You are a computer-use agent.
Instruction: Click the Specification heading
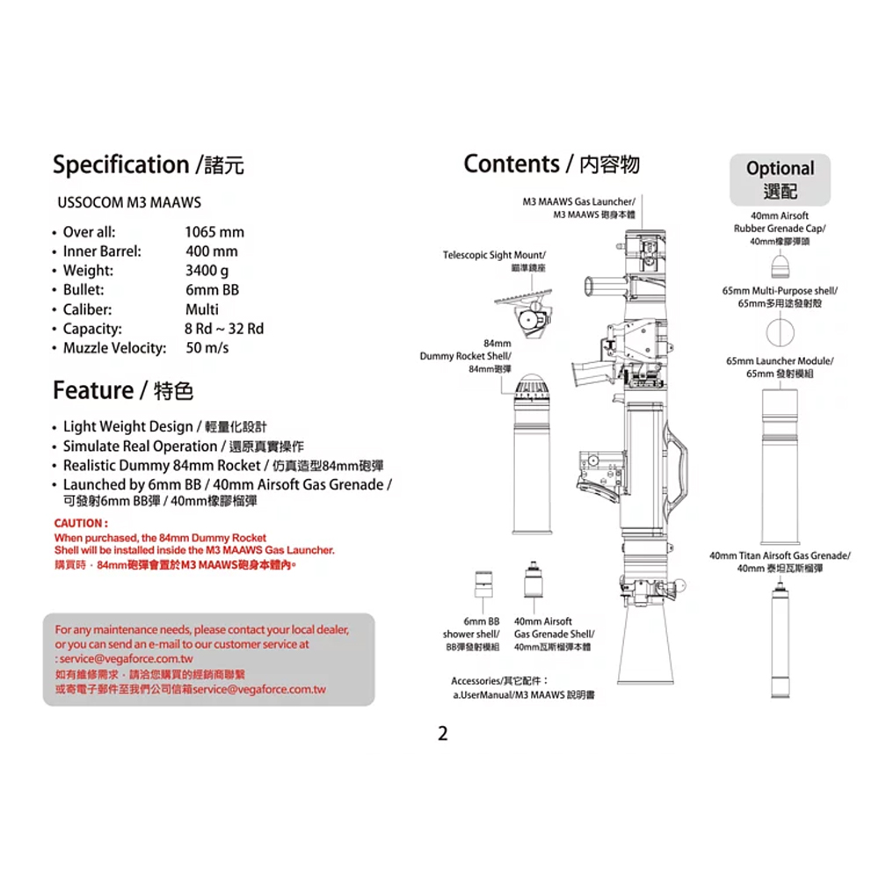pos(120,164)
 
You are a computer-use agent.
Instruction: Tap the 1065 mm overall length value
pos(214,232)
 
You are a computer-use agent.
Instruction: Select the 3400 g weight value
pos(207,271)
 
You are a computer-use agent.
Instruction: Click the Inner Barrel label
pos(102,251)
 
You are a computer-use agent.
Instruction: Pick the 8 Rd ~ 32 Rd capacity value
pos(224,329)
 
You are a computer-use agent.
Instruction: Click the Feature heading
pos(93,389)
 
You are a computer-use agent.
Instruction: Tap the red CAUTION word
pos(82,524)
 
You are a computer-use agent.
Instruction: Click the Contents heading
pos(512,163)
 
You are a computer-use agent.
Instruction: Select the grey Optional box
pos(780,179)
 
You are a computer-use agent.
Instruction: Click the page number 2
pos(443,734)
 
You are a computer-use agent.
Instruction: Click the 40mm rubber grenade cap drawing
pos(779,266)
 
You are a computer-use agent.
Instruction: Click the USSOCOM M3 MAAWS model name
pos(129,202)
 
